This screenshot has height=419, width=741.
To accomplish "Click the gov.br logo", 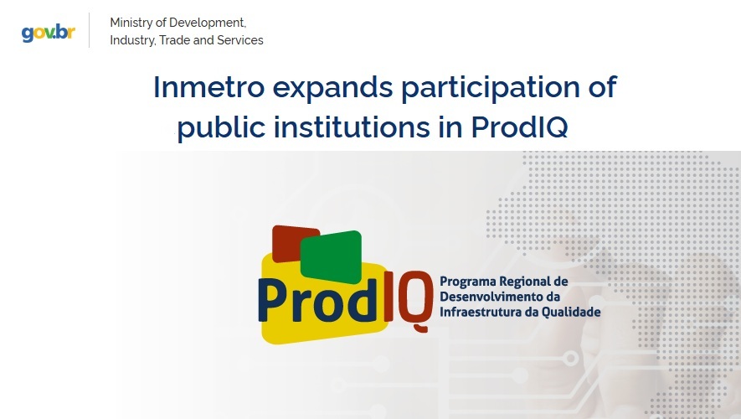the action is (49, 33).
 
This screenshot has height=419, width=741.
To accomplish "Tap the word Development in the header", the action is (208, 23).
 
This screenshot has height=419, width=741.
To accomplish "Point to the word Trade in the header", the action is (175, 40).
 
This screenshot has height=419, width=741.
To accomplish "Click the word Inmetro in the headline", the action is (208, 87).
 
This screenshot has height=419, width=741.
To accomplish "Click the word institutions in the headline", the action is (352, 127).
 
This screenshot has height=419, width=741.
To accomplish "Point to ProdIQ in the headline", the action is (519, 127).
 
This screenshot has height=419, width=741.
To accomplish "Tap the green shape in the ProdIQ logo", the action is (332, 256).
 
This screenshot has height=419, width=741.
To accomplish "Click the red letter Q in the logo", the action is (414, 301).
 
